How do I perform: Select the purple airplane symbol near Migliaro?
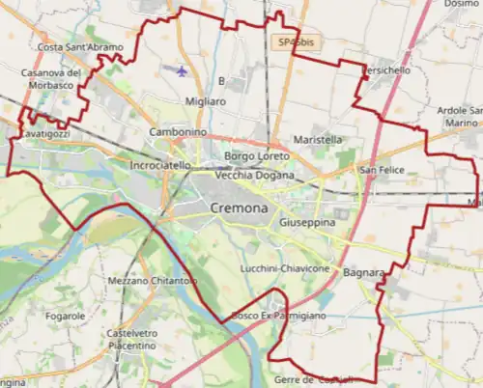(x=184, y=70)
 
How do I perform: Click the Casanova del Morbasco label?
(x=53, y=79)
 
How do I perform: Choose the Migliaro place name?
(x=205, y=100)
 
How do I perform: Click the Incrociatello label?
(x=159, y=165)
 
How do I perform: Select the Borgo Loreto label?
(x=256, y=154)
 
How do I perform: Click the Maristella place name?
(x=318, y=139)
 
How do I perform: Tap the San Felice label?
(x=381, y=170)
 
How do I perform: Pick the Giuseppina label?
(x=306, y=222)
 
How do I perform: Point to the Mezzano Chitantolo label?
(x=153, y=280)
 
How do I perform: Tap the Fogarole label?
(x=66, y=316)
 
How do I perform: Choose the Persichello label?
(x=385, y=71)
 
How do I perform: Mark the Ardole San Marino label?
(x=458, y=116)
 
